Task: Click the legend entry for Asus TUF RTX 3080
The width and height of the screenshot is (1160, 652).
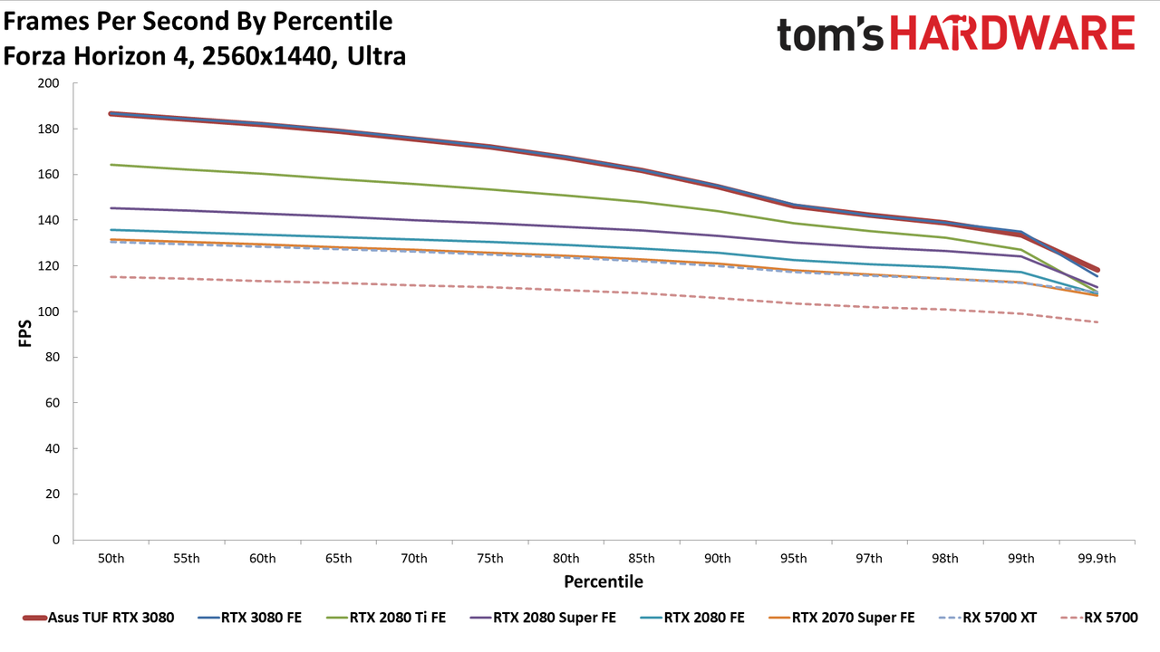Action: click(x=99, y=618)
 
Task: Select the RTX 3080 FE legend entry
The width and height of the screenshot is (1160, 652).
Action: click(x=249, y=618)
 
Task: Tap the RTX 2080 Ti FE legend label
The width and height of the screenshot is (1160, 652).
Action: click(x=398, y=618)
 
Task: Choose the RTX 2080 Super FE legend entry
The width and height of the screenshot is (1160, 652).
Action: click(x=543, y=618)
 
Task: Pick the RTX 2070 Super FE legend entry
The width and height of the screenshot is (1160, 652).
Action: click(x=842, y=618)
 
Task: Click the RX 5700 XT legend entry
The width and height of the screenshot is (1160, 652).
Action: click(x=988, y=618)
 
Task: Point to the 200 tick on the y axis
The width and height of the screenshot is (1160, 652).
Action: click(x=48, y=83)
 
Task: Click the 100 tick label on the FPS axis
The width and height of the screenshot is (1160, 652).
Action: click(x=48, y=312)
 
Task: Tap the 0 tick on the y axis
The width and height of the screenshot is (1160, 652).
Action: click(x=56, y=540)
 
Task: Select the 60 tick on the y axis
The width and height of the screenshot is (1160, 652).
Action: click(x=53, y=403)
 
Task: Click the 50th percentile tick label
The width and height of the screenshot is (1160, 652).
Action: click(x=111, y=559)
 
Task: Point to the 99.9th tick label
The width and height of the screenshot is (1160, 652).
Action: click(x=1097, y=559)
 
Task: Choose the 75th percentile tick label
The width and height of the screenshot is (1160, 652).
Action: click(x=490, y=559)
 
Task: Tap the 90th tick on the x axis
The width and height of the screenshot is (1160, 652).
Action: click(x=717, y=559)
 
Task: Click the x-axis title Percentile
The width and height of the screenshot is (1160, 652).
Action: click(x=604, y=581)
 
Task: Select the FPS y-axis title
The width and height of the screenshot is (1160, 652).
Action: click(x=24, y=333)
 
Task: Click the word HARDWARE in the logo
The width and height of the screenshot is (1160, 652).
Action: click(x=1012, y=33)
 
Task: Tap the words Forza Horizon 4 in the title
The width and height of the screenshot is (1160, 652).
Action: click(x=99, y=56)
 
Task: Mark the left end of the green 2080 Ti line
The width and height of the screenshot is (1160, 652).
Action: click(x=111, y=165)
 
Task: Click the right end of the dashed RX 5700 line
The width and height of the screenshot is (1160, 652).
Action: click(x=1097, y=322)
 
